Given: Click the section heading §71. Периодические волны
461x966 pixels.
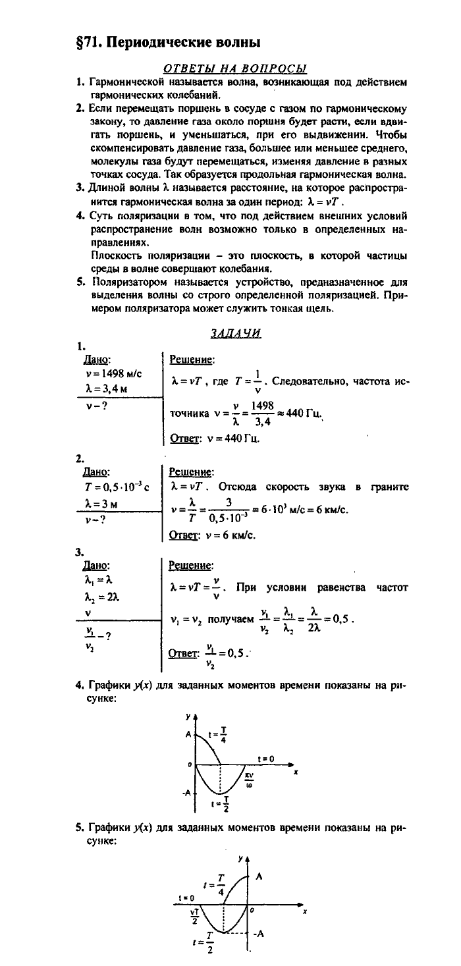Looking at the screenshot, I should (x=169, y=42).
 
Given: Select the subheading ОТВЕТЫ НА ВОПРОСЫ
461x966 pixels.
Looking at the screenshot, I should (x=236, y=68).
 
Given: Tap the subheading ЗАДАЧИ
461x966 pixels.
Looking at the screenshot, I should (x=236, y=333).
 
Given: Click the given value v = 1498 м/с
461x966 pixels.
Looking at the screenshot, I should (x=109, y=374).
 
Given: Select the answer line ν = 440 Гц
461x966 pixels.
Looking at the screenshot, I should (x=214, y=437).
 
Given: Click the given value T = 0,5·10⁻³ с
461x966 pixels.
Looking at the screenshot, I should (x=113, y=487).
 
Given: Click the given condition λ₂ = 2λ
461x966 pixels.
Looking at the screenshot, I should (x=101, y=597).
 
